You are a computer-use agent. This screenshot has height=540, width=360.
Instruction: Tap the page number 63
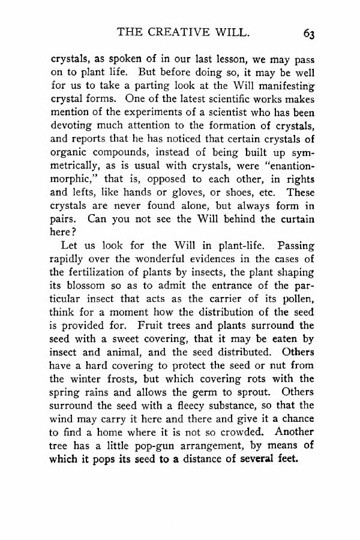pos(309,34)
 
